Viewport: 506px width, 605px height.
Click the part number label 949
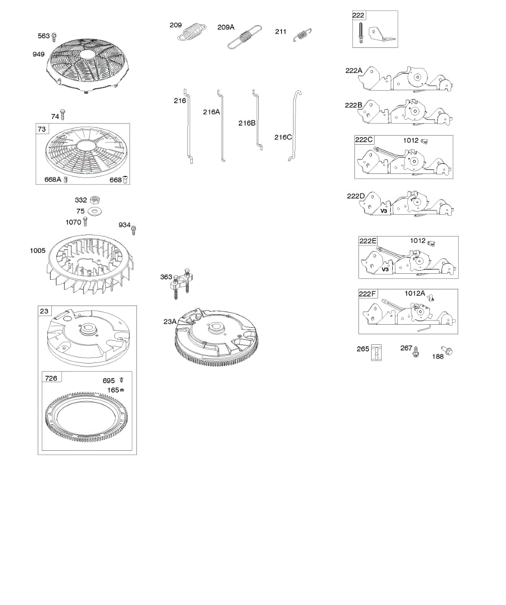coord(38,54)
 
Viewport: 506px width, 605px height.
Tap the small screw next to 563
coord(54,37)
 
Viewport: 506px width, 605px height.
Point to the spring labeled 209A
coord(245,37)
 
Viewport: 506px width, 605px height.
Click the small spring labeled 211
coord(302,35)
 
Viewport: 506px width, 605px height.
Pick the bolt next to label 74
coord(63,115)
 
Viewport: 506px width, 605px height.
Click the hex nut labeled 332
coord(95,200)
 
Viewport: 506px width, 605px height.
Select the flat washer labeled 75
coord(95,211)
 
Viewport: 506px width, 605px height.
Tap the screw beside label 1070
coord(85,222)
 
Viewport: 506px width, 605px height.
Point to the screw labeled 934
coord(133,230)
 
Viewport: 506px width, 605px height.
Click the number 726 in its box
coord(51,378)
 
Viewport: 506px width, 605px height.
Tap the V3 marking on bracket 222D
coord(384,211)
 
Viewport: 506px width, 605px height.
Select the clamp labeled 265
coord(376,352)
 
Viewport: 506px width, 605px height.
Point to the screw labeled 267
coord(416,352)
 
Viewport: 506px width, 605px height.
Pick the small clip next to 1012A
coord(431,297)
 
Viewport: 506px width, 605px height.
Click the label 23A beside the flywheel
coord(170,321)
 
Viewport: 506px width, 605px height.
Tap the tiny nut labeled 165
coord(122,390)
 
